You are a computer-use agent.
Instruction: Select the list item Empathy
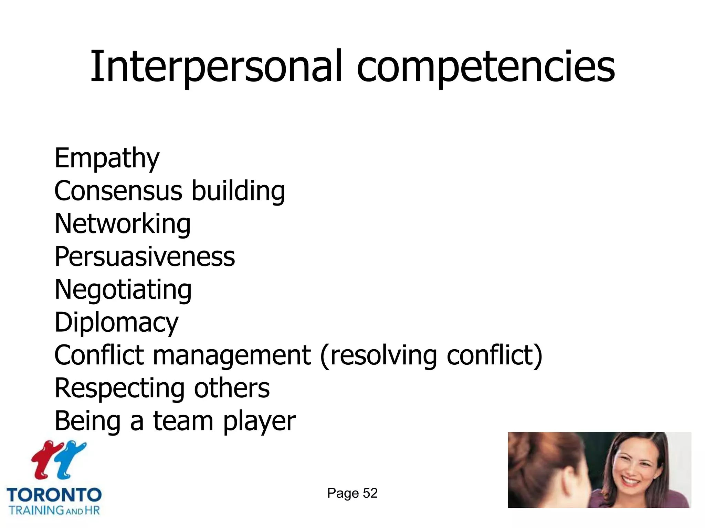[x=107, y=158]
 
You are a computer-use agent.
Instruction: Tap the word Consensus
[x=118, y=191]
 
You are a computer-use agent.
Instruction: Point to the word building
[x=238, y=191]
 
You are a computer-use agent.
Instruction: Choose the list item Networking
[x=123, y=224]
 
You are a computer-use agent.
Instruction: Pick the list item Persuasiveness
[x=145, y=256]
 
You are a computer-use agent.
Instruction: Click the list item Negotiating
[x=123, y=289]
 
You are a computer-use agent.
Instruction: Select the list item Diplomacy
[x=116, y=322]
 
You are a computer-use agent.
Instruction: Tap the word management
[x=232, y=355]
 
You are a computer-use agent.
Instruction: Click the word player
[x=259, y=421]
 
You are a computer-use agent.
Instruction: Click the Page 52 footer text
[x=352, y=493]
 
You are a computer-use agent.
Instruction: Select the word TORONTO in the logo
[x=54, y=495]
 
